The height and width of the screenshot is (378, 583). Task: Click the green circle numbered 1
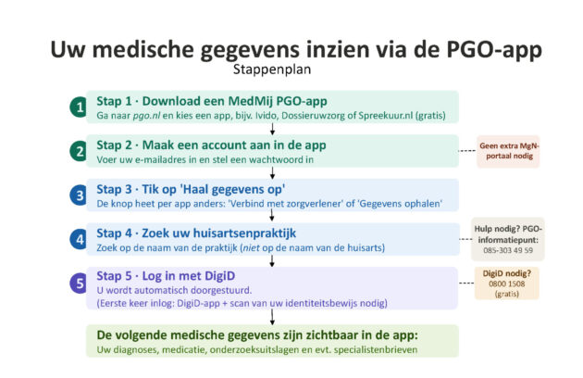click(79, 107)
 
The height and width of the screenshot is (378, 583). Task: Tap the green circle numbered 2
click(79, 151)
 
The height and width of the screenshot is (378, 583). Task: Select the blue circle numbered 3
click(79, 195)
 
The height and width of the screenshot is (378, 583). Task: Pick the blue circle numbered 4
click(79, 239)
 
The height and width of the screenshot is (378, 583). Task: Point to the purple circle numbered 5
click(79, 283)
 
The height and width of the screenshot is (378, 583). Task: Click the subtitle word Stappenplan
click(272, 69)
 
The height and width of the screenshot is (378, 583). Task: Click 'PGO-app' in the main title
click(494, 49)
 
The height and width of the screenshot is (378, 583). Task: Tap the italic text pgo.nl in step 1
click(146, 116)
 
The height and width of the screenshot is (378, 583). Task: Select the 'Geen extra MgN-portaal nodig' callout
click(508, 151)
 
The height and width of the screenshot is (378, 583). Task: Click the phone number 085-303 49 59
click(508, 250)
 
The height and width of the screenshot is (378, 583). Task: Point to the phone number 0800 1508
click(507, 283)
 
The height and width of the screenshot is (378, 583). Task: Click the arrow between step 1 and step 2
click(273, 129)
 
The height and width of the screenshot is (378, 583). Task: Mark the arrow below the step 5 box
click(273, 317)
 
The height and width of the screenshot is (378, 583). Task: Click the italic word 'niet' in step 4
click(251, 247)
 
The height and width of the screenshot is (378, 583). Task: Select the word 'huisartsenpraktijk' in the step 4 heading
click(244, 233)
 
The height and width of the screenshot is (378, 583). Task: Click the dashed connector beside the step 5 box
click(466, 283)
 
